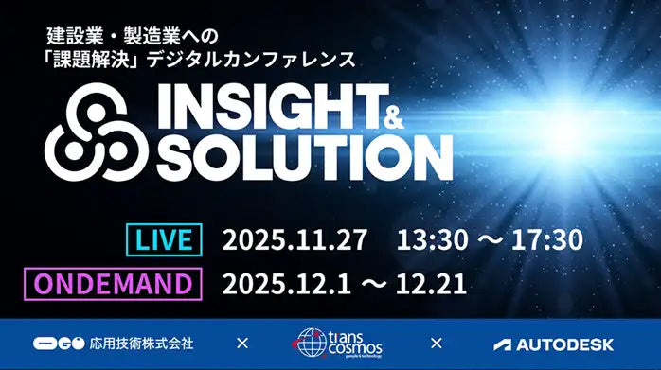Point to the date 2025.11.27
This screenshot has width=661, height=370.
(294, 239)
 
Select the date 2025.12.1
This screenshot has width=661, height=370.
(286, 283)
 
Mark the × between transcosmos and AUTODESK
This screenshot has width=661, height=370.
(436, 344)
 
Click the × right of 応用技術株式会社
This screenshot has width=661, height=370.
(241, 344)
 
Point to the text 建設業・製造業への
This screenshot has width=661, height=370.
(134, 36)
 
